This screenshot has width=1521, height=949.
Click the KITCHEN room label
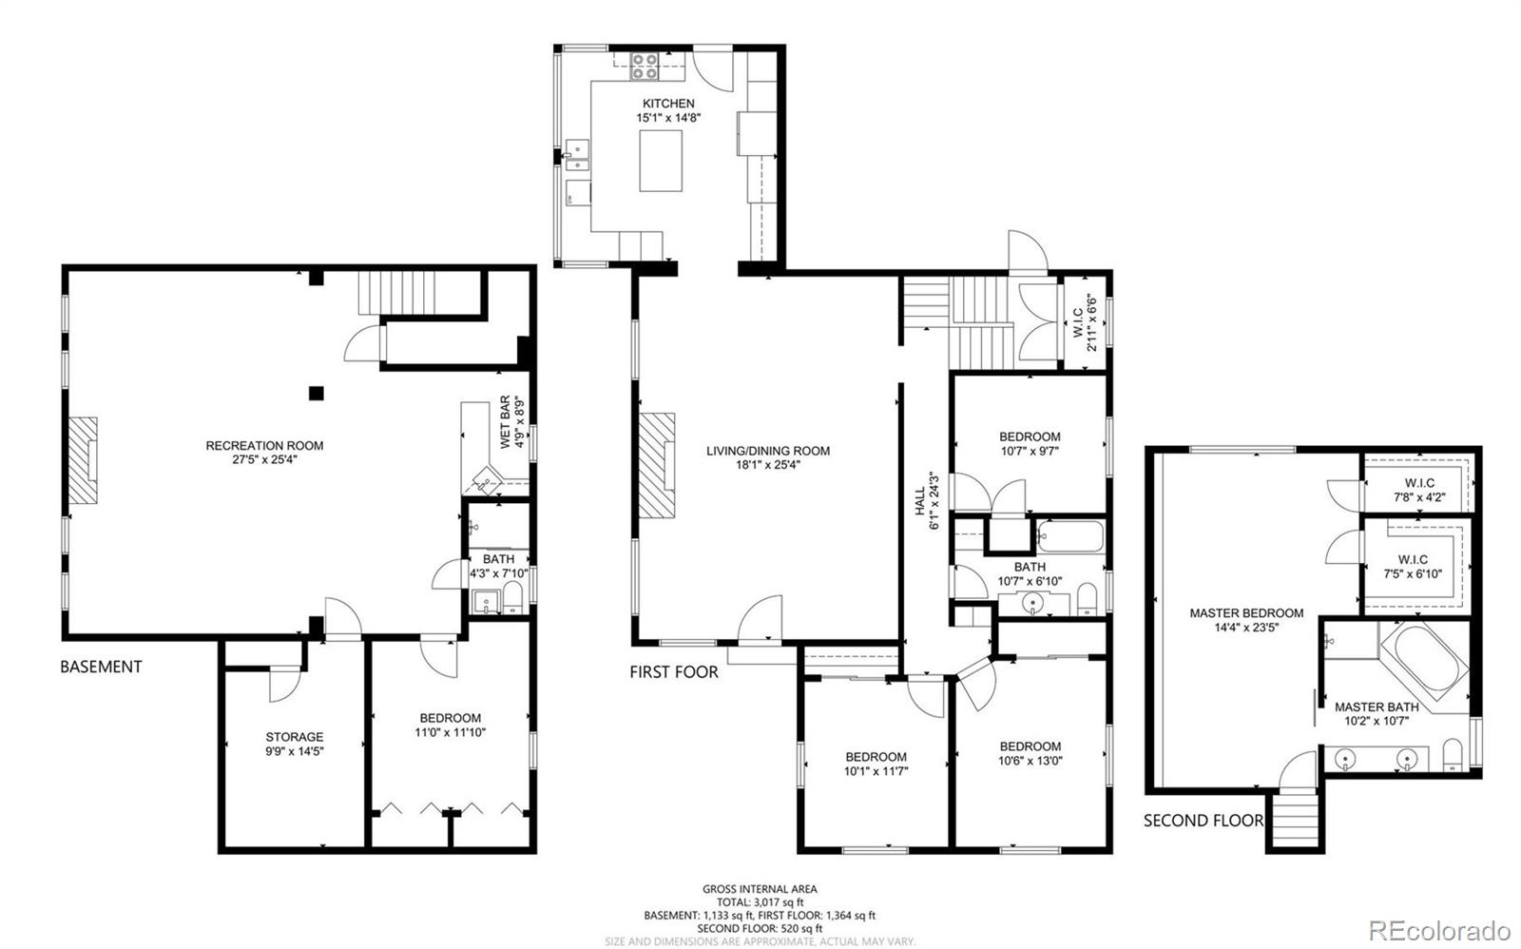coord(668,103)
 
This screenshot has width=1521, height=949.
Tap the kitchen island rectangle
coord(661,161)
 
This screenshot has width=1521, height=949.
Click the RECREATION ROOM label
coord(264,445)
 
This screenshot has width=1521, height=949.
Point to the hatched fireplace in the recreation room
coord(83,458)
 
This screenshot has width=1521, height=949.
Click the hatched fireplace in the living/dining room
coord(656,465)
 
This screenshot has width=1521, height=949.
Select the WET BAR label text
coord(506,422)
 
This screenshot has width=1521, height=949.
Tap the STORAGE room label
coord(294,736)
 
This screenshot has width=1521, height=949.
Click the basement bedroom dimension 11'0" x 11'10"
coord(450,733)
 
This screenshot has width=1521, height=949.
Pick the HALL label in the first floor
coord(919,502)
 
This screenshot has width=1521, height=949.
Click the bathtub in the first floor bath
coord(1070,538)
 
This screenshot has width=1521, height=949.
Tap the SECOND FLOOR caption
coord(1203,820)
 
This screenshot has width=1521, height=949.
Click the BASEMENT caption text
coord(101,667)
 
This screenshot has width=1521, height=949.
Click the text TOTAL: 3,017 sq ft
coord(760,901)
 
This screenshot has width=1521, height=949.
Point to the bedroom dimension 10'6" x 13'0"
coord(1030,761)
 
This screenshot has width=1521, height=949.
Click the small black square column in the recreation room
coord(317,392)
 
